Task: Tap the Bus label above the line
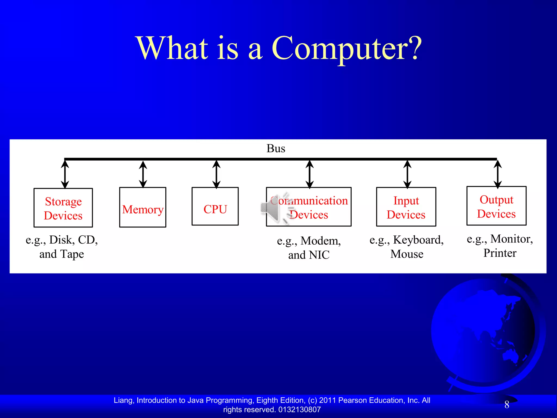pyautogui.click(x=276, y=149)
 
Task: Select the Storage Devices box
pyautogui.click(x=63, y=208)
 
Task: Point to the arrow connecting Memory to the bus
pyautogui.click(x=143, y=174)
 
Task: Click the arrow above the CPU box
pyautogui.click(x=216, y=174)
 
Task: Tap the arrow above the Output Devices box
pyautogui.click(x=497, y=174)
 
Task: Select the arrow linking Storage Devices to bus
pyautogui.click(x=65, y=174)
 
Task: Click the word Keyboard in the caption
pyautogui.click(x=418, y=240)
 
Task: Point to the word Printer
pyautogui.click(x=500, y=253)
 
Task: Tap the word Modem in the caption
pyautogui.click(x=320, y=241)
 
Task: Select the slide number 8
pyautogui.click(x=507, y=405)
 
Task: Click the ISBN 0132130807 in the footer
pyautogui.click(x=299, y=410)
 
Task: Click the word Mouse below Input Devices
pyautogui.click(x=407, y=254)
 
